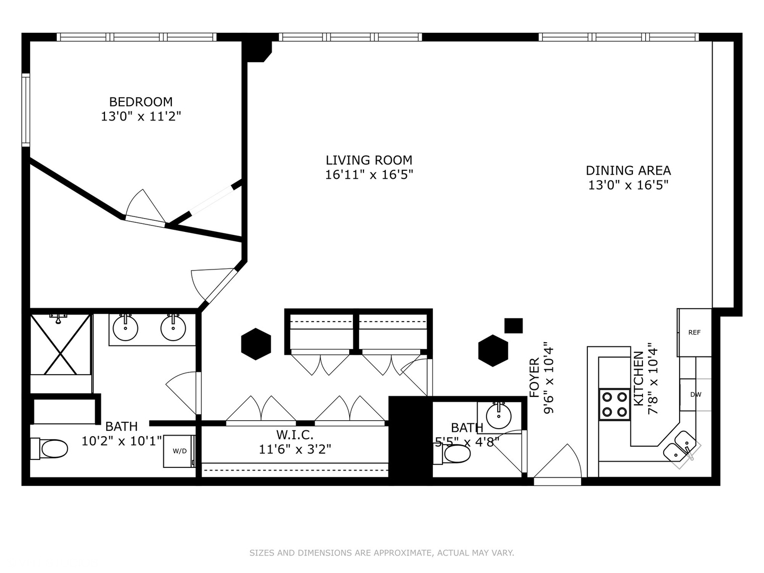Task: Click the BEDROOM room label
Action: [141, 102]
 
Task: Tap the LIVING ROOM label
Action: [369, 160]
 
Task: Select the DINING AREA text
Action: [628, 170]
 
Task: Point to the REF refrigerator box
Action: [694, 333]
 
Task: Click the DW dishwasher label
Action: [696, 395]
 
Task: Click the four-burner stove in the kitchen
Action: [614, 404]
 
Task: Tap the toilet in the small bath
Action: [452, 454]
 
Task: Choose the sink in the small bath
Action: [499, 415]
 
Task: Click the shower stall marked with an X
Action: [61, 344]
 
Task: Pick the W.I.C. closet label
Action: [295, 435]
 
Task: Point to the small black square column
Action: [514, 326]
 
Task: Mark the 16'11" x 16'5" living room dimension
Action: [369, 175]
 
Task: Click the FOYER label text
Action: [534, 377]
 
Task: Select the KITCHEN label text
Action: [638, 378]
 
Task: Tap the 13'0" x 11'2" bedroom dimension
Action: [141, 116]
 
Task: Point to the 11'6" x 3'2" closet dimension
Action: [295, 449]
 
